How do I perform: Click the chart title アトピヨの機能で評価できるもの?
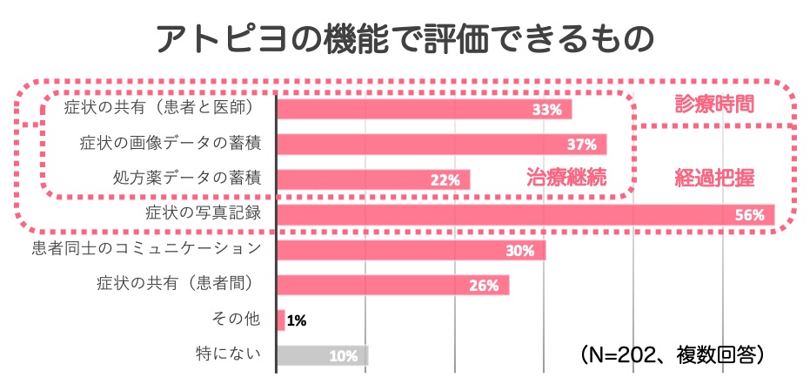tap(405, 39)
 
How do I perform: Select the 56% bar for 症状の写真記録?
tap(522, 214)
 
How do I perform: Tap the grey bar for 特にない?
tap(322, 355)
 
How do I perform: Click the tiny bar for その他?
tap(281, 320)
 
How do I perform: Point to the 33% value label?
tap(547, 110)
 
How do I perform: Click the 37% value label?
tap(582, 145)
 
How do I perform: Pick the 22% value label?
tap(445, 180)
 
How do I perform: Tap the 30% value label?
tap(520, 251)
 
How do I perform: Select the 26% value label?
tap(484, 286)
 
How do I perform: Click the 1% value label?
tap(296, 320)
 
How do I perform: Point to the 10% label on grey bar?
tap(344, 355)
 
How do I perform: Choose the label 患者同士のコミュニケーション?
tap(146, 249)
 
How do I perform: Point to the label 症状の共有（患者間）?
tap(184, 284)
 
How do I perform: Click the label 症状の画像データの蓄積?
tap(171, 143)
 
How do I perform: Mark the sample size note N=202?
tap(670, 355)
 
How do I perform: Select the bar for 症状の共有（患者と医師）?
tap(424, 110)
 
